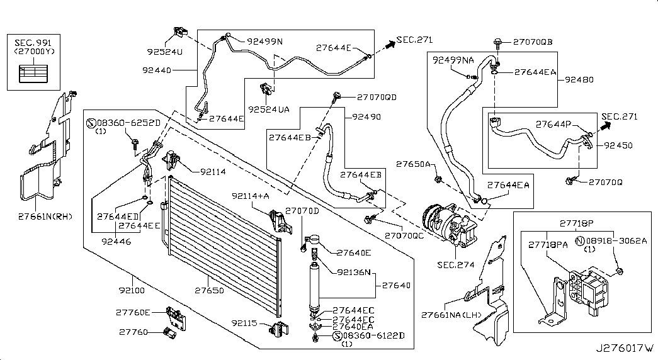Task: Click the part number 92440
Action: tap(157, 70)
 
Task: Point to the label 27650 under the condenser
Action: tap(209, 291)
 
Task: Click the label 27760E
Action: tap(133, 312)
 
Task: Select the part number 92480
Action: tap(580, 80)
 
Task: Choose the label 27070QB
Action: tap(532, 42)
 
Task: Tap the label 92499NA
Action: tap(453, 60)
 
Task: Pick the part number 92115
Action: tap(245, 323)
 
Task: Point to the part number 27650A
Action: tap(413, 164)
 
